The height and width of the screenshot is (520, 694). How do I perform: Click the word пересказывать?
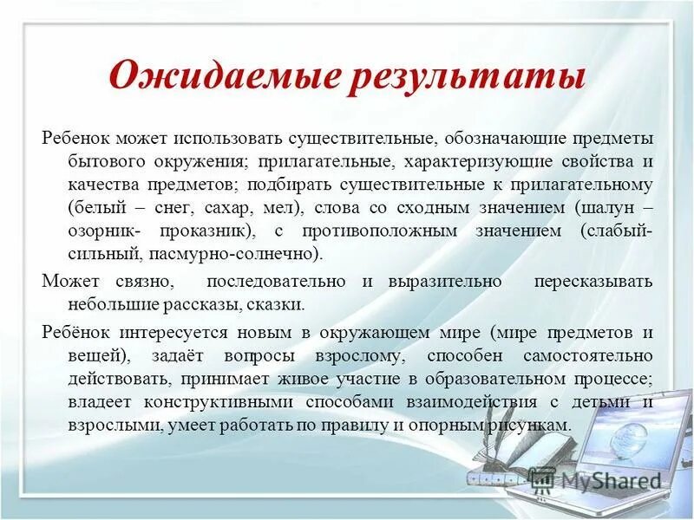click(593, 282)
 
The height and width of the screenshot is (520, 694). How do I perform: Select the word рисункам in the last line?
click(534, 425)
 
